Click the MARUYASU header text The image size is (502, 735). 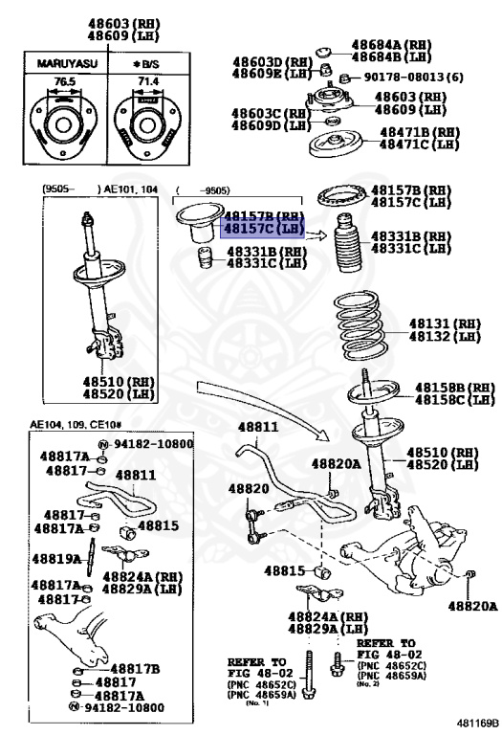[x=62, y=63]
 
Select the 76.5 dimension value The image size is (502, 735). [x=63, y=82]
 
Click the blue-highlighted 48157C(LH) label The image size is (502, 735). [x=262, y=229]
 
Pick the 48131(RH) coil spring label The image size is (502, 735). [x=445, y=324]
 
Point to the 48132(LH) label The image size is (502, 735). [x=445, y=336]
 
